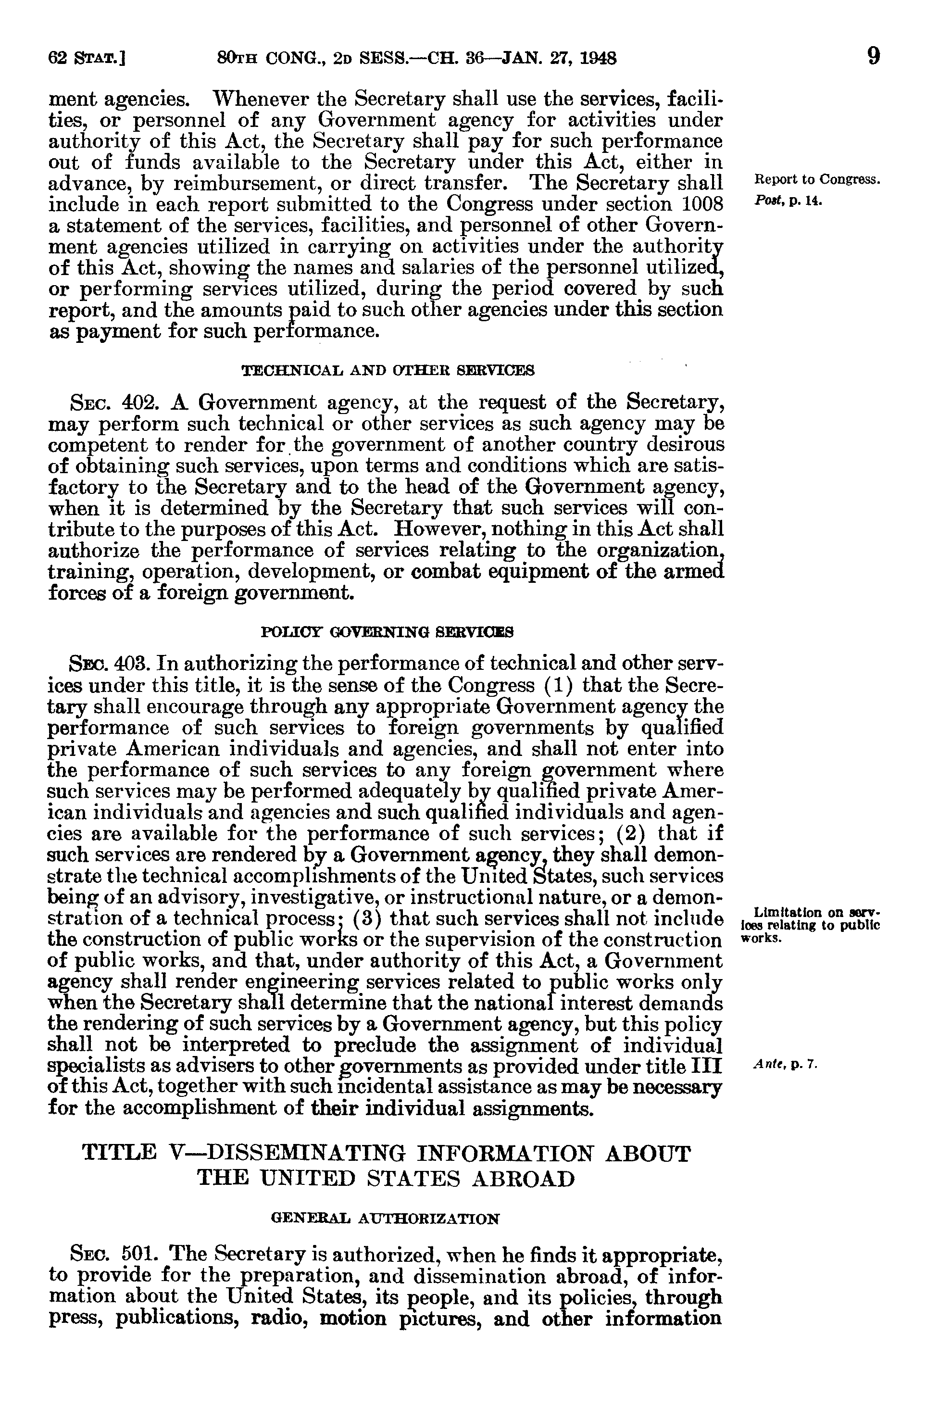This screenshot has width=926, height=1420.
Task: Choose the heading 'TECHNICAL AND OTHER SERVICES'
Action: [387, 371]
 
